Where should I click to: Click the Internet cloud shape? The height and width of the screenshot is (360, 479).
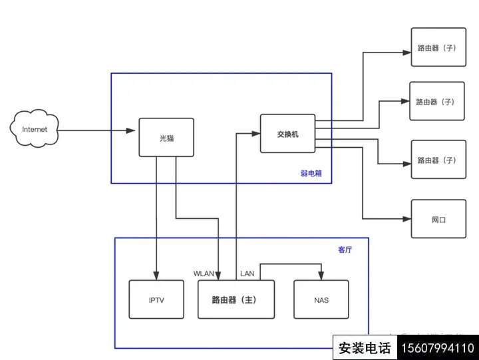tap(34, 128)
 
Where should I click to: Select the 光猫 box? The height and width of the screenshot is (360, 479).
tap(166, 138)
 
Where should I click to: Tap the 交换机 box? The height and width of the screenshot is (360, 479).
tap(288, 134)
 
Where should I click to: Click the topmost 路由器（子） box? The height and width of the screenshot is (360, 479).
tap(438, 47)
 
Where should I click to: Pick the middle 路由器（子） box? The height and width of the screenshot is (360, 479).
tap(437, 101)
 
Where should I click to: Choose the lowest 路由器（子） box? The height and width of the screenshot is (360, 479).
tap(438, 160)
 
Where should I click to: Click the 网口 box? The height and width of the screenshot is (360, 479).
tap(438, 219)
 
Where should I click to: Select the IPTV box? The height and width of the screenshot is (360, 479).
tap(156, 299)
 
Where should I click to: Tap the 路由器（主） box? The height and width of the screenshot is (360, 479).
tap(236, 299)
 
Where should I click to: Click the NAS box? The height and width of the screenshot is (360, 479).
tap(321, 299)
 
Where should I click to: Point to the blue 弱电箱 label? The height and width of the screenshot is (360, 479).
tap(311, 174)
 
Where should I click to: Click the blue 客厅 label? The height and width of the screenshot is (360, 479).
tap(345, 250)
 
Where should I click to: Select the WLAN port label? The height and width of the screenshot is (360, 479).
tap(204, 273)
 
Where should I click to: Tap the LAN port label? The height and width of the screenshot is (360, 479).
tap(247, 273)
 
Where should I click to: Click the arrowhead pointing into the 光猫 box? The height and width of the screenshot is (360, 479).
tap(131, 130)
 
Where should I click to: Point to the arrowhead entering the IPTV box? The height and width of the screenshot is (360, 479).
tap(156, 275)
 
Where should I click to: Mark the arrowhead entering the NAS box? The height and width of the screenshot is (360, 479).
tap(321, 275)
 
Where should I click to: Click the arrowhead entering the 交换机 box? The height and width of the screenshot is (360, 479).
tap(256, 134)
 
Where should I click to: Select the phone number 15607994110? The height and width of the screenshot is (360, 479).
tap(438, 348)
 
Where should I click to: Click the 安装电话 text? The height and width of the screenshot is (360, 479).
tap(365, 348)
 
